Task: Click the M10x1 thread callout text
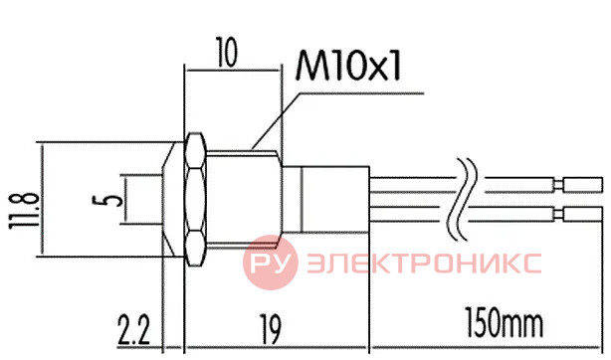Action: (x=348, y=66)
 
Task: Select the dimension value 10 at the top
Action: (x=227, y=52)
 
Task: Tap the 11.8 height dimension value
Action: (x=24, y=210)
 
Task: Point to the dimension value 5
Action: (x=107, y=201)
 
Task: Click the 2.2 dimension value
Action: (x=133, y=330)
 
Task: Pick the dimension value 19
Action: (x=271, y=329)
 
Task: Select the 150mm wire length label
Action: (x=504, y=323)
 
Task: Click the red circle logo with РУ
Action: (x=271, y=263)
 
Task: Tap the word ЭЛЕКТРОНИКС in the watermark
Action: (x=424, y=263)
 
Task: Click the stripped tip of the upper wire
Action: (x=583, y=184)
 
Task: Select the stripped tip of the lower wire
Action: (x=583, y=214)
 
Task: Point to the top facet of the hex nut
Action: (x=195, y=149)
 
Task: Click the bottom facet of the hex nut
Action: (x=195, y=249)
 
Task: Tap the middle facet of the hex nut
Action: (x=195, y=199)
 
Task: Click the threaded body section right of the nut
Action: (x=243, y=199)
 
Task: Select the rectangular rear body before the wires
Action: (x=325, y=200)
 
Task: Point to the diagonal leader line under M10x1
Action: (x=277, y=121)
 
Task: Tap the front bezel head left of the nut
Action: (x=173, y=200)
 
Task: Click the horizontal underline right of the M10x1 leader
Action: (x=362, y=93)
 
